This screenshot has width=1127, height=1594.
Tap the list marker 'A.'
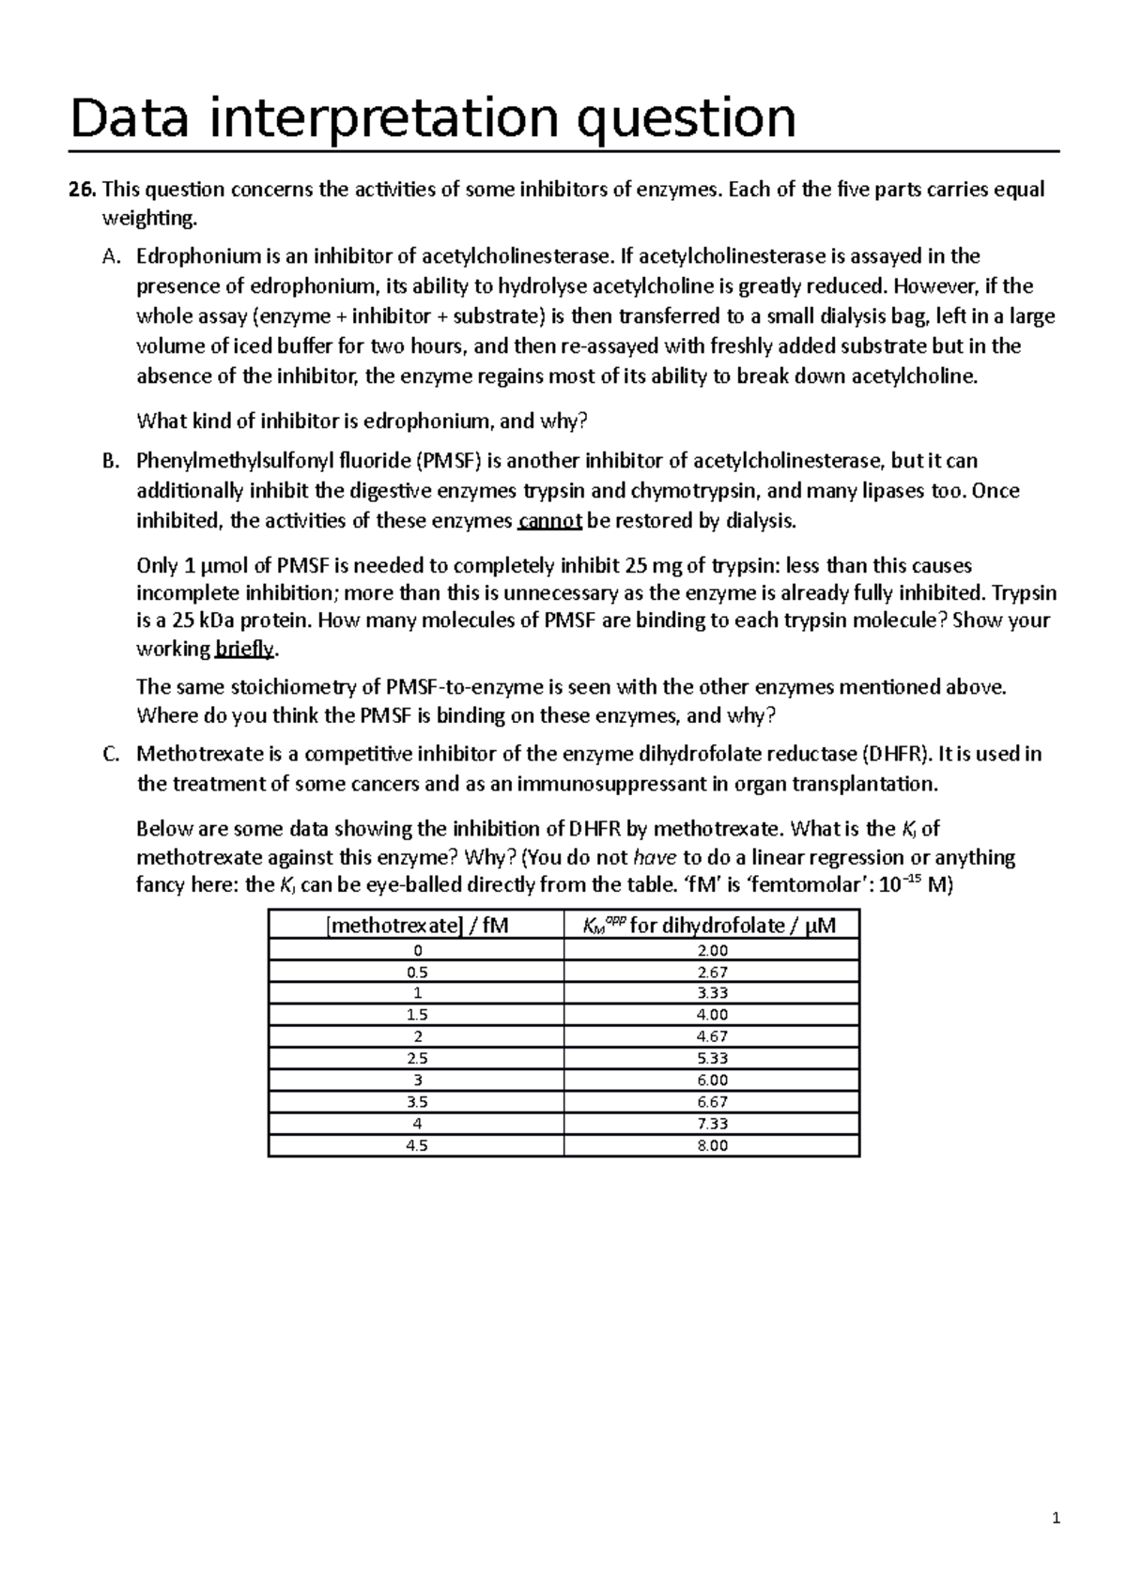111,256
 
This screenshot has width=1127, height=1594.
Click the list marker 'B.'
111,461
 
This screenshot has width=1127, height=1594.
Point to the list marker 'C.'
111,754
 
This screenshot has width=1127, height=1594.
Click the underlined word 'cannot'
550,521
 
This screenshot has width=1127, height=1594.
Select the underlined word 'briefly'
246,649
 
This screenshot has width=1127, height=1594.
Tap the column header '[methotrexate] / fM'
416,925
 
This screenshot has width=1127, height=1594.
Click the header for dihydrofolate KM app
710,925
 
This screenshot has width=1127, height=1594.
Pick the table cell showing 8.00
712,1145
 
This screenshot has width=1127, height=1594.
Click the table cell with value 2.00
712,950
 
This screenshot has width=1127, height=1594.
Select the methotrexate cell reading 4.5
416,1145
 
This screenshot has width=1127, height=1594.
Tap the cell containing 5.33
712,1058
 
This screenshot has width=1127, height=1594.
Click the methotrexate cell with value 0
416,950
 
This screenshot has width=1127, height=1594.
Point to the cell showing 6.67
712,1102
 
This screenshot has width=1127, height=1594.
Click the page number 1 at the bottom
1056,1519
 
